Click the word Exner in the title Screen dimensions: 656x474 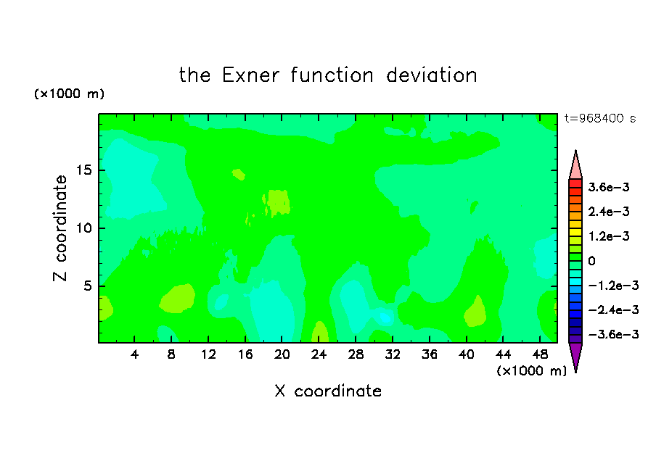250,75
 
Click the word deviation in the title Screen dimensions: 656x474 432,75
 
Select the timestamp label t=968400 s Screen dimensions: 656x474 600,118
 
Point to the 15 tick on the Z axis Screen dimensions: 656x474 83,170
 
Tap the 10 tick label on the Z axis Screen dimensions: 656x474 83,228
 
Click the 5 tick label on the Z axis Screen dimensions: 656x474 88,286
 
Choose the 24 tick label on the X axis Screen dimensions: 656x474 319,354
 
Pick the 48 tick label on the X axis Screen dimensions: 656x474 540,354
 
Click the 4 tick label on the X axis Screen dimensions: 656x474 134,354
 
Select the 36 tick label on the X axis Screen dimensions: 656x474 430,354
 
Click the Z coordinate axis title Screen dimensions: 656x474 60,228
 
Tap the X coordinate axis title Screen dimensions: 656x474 329,391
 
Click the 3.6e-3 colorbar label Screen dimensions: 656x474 609,187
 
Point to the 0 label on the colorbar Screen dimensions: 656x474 591,261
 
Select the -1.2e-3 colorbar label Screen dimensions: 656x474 613,286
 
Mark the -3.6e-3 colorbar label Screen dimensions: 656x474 613,334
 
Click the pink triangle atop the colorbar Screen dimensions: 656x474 575,167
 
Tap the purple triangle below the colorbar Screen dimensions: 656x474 575,355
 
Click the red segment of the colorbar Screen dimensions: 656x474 575,183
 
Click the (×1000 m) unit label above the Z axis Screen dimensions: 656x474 69,93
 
